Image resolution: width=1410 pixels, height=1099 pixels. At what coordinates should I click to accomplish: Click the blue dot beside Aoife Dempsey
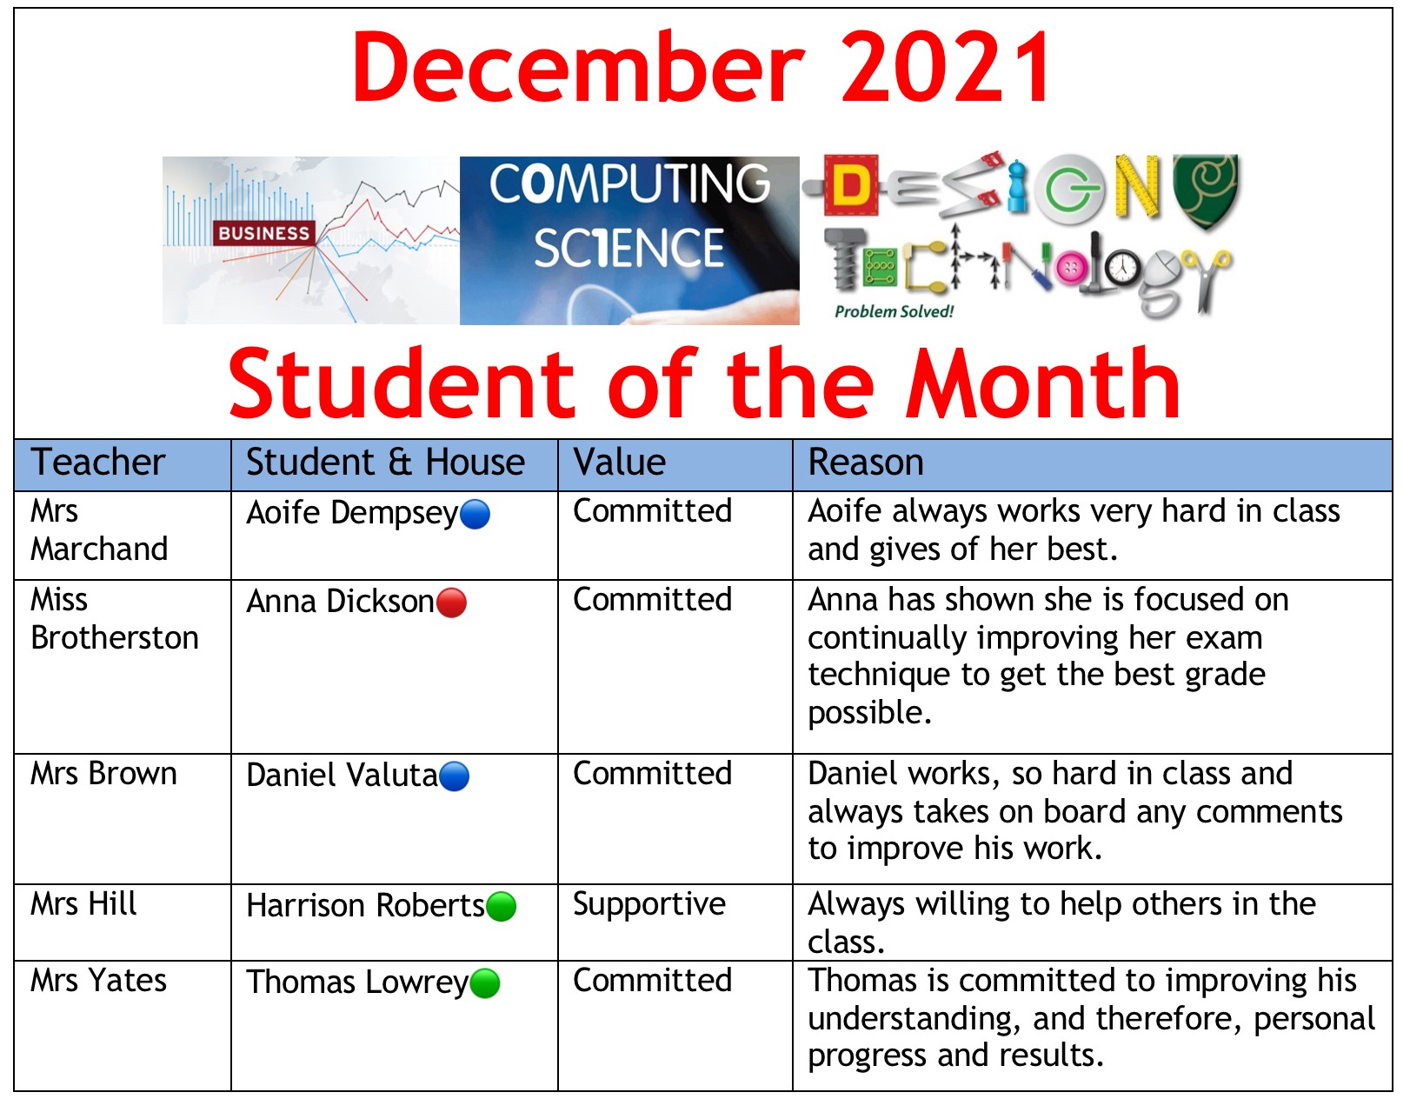[x=475, y=515]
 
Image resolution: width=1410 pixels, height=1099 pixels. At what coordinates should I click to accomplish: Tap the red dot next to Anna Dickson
[x=452, y=603]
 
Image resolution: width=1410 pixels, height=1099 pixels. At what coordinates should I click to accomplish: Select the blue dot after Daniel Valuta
[x=455, y=776]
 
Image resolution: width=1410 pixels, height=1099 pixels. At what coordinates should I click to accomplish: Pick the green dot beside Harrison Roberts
[x=501, y=907]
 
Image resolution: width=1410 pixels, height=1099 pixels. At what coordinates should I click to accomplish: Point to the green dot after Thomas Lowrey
[x=485, y=983]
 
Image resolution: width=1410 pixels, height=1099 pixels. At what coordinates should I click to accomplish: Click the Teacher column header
[x=98, y=463]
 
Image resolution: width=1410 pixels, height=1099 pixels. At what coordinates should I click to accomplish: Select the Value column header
[x=620, y=463]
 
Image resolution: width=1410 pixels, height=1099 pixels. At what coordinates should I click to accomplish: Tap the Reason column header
[x=866, y=463]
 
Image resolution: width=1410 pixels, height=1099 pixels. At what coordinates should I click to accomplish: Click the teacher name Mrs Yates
[x=98, y=980]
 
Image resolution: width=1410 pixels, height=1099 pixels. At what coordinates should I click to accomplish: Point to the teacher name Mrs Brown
[x=103, y=774]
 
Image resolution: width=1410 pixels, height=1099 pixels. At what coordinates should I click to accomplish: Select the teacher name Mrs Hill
[x=83, y=904]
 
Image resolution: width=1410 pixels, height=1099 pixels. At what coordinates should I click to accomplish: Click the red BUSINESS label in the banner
[x=264, y=234]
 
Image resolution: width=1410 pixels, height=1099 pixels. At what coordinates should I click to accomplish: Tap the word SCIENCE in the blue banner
[x=629, y=249]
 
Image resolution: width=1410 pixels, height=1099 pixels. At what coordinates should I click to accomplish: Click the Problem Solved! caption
[x=895, y=312]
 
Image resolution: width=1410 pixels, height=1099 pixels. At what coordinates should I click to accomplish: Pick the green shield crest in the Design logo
[x=1206, y=190]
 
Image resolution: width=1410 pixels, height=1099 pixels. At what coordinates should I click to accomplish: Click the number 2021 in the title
[x=946, y=68]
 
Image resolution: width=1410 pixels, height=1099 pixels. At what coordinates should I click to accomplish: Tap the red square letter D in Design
[x=851, y=185]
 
